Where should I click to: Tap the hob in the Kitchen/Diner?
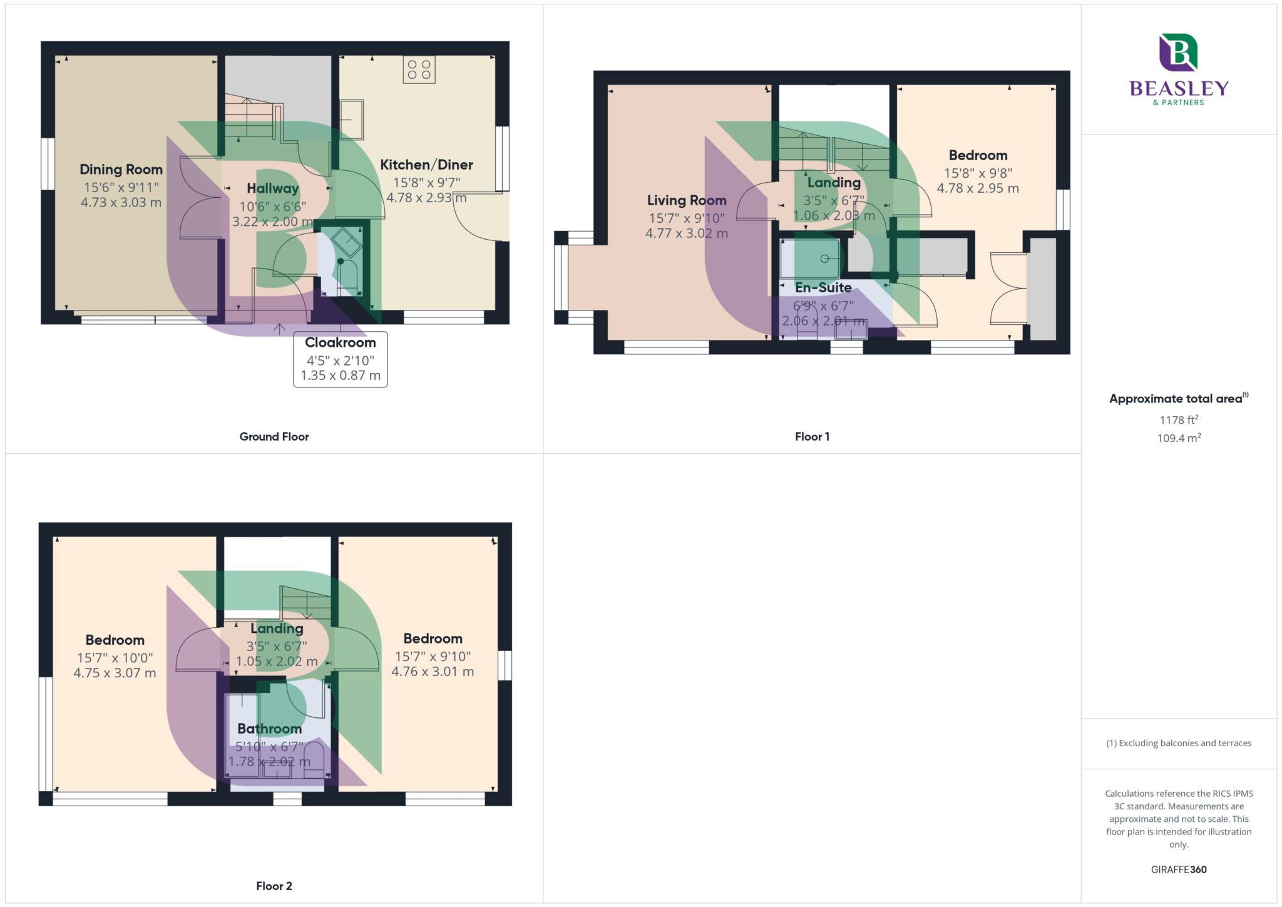pyautogui.click(x=419, y=69)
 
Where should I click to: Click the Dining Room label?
pyautogui.click(x=121, y=170)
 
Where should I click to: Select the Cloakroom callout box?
pyautogui.click(x=340, y=359)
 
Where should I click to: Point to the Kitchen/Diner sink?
pyautogui.click(x=351, y=120)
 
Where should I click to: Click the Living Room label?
pyautogui.click(x=687, y=200)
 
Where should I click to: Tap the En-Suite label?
pyautogui.click(x=823, y=288)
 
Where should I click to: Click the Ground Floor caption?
pyautogui.click(x=274, y=437)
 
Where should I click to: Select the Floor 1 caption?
pyautogui.click(x=812, y=437)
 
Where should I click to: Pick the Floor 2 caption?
pyautogui.click(x=274, y=886)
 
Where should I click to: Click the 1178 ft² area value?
pyautogui.click(x=1179, y=420)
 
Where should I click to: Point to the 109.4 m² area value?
pyautogui.click(x=1179, y=438)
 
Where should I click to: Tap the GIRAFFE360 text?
pyautogui.click(x=1179, y=869)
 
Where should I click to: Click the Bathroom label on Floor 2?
pyautogui.click(x=269, y=729)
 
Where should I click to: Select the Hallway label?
pyautogui.click(x=272, y=188)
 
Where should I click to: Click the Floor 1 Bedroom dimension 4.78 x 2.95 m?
pyautogui.click(x=978, y=188)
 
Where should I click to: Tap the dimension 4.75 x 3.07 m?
pyautogui.click(x=115, y=674)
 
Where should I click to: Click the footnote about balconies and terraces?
pyautogui.click(x=1179, y=744)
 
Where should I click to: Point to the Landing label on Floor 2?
pyautogui.click(x=277, y=628)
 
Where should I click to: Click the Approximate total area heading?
pyautogui.click(x=1177, y=399)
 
